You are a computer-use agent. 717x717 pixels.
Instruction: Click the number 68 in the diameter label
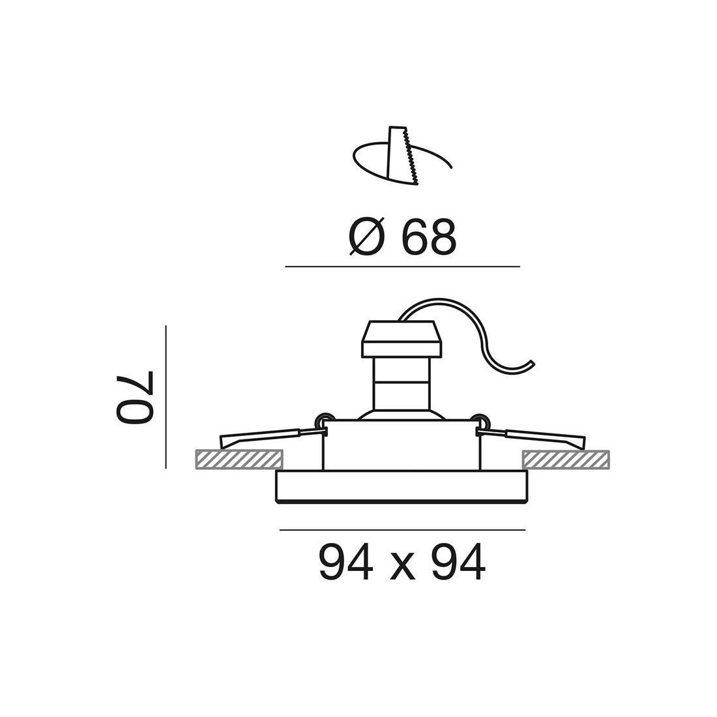point(428,237)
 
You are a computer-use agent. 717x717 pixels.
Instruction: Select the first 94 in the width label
point(345,562)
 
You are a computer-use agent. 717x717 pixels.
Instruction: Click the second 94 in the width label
point(458,562)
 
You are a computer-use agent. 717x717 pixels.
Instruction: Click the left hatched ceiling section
point(239,459)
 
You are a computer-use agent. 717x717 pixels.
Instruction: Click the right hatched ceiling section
point(566,459)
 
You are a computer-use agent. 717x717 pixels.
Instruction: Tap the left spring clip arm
point(270,437)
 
